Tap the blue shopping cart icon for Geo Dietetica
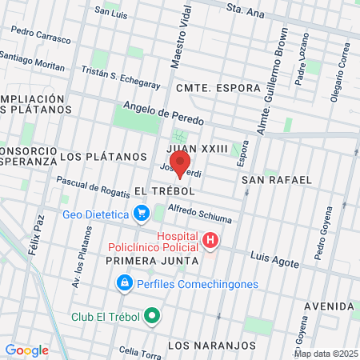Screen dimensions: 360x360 click(142, 214)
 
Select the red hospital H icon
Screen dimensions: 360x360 click(210, 240)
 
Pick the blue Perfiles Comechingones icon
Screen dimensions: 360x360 click(124, 283)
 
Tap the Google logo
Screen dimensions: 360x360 click(26, 350)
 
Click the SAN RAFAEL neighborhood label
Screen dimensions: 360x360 click(277, 180)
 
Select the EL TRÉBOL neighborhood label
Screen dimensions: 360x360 click(166, 191)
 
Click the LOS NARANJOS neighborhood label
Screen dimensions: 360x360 click(213, 346)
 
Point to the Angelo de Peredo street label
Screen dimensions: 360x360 click(163, 114)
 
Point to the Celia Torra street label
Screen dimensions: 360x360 click(139, 350)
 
